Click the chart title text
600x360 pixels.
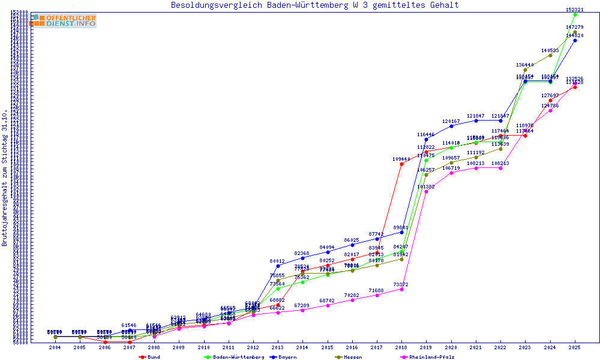(314, 5)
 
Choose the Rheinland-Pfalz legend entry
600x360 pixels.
(427, 357)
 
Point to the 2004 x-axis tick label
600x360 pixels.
(55, 347)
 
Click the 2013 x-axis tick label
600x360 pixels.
(278, 347)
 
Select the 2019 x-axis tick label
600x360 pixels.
(426, 347)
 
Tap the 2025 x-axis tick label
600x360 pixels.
(575, 347)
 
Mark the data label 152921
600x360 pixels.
(575, 10)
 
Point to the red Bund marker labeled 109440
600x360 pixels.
(401, 164)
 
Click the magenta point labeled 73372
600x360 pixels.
(401, 289)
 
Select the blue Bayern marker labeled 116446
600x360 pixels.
(426, 140)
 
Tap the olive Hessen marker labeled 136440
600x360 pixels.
(526, 70)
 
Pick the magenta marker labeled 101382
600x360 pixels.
(426, 191)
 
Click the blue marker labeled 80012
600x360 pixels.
(278, 266)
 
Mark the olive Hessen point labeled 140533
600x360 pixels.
(550, 55)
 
